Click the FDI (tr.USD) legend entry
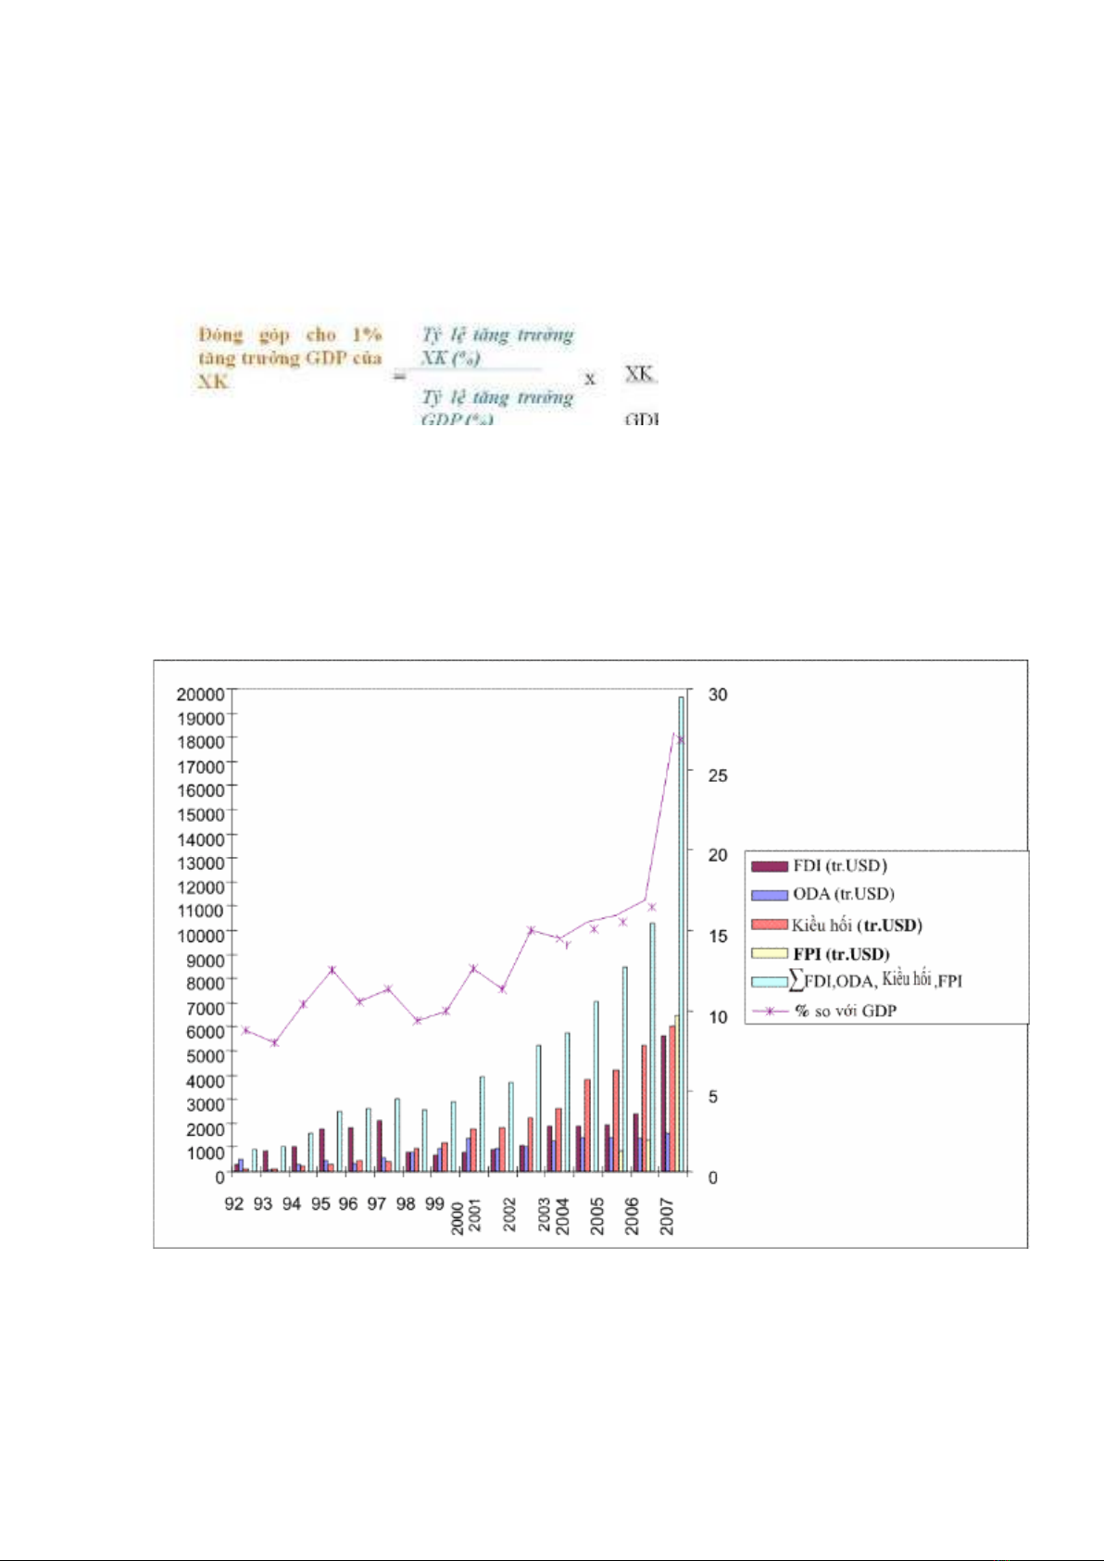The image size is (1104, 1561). (839, 866)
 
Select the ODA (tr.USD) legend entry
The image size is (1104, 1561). (843, 894)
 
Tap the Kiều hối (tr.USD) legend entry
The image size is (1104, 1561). (856, 925)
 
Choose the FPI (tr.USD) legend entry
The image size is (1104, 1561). (840, 953)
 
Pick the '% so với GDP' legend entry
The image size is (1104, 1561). (845, 1011)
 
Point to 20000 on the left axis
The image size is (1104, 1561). (200, 694)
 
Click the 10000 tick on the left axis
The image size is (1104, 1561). (200, 935)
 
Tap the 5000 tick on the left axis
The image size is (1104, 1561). (204, 1055)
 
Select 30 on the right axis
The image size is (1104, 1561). (718, 694)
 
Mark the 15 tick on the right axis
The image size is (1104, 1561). (718, 936)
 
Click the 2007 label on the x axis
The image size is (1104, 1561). (667, 1215)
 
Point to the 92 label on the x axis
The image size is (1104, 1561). (234, 1203)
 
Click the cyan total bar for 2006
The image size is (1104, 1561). (652, 1047)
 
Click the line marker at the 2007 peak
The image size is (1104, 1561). (680, 739)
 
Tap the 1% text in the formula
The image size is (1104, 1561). (367, 334)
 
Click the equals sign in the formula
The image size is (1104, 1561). (399, 376)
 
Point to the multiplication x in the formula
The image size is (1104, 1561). (590, 379)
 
